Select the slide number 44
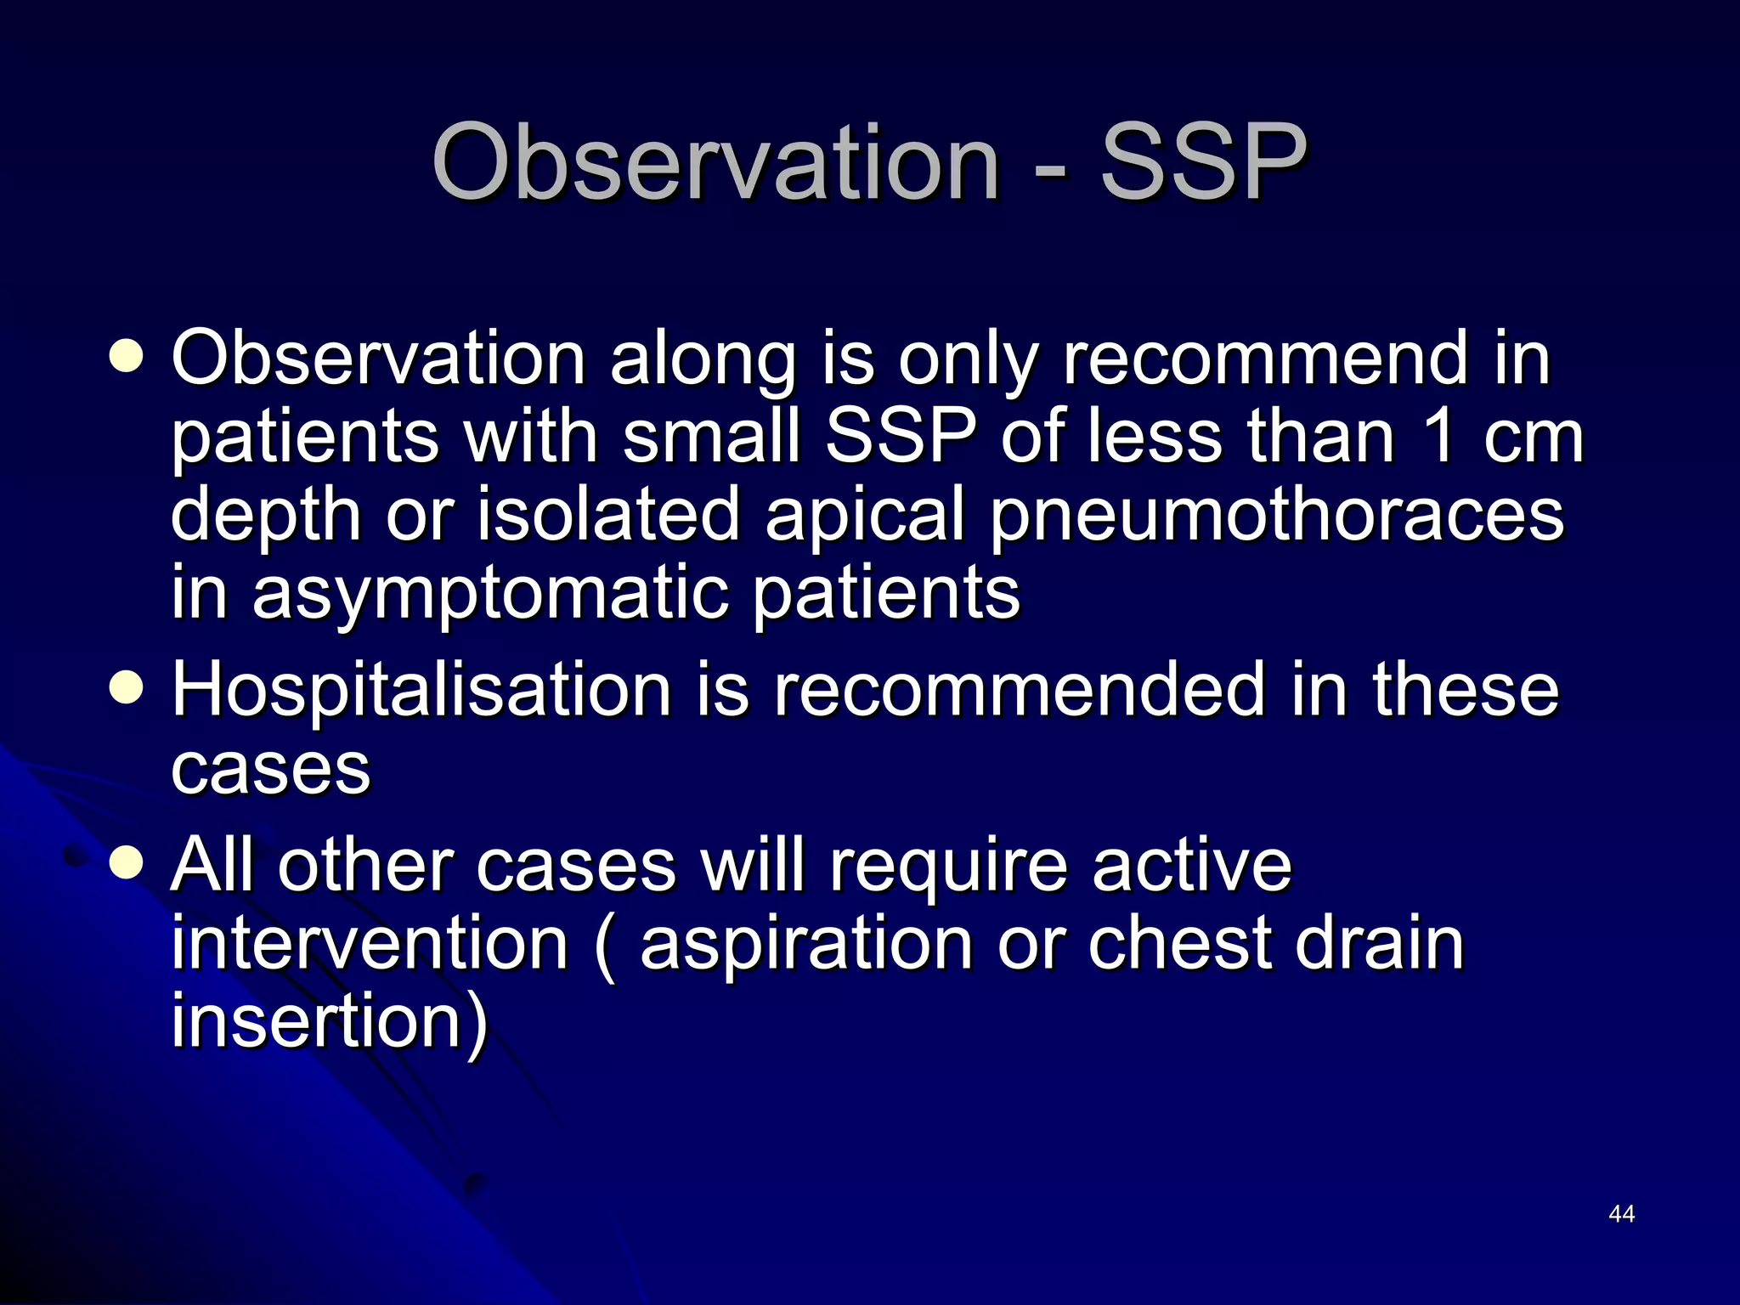(x=1621, y=1214)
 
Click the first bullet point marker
(x=127, y=357)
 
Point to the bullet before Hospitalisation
(x=127, y=688)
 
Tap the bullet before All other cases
(x=127, y=864)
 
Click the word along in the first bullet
(x=703, y=360)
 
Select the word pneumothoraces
(x=1276, y=517)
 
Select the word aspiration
(x=805, y=944)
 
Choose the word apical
(x=864, y=517)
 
